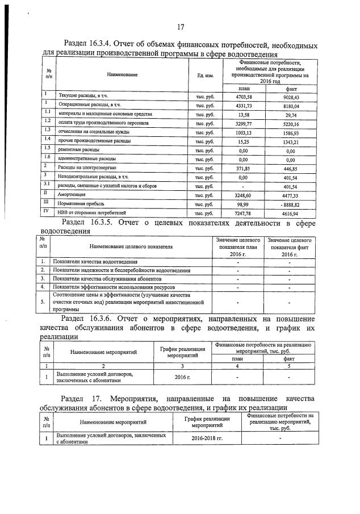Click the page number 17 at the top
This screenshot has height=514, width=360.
tap(181, 27)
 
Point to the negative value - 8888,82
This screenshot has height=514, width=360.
tap(289, 203)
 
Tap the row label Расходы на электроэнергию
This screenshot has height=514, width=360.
tap(87, 168)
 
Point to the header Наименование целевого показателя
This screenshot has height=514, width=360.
tap(131, 246)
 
